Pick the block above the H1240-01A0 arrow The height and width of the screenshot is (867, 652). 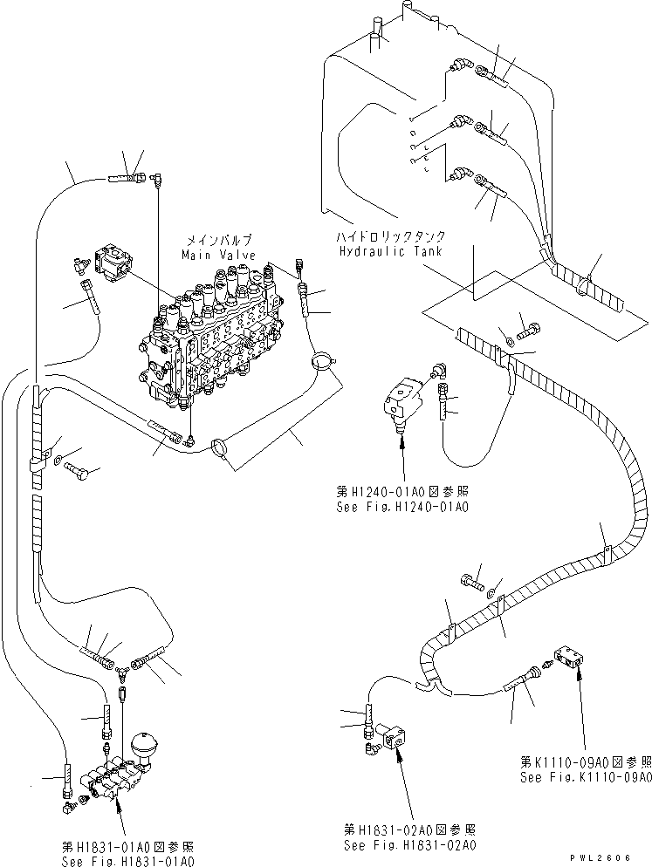402,402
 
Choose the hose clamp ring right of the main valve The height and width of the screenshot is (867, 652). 322,358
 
